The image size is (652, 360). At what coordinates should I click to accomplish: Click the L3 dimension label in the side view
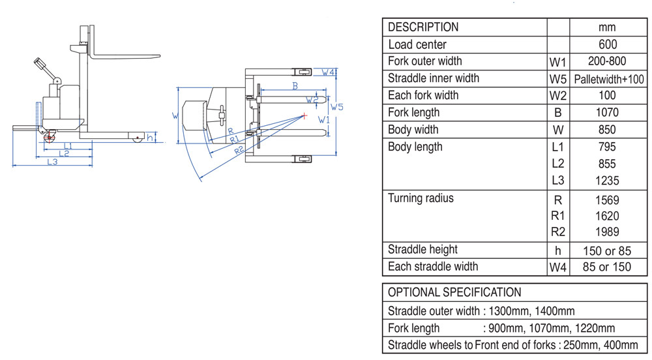[x=53, y=162]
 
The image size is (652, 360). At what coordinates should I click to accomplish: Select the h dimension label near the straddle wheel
[x=150, y=138]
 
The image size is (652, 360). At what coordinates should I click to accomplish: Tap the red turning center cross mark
[x=304, y=116]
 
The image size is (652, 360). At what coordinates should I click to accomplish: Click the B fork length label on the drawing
[x=295, y=86]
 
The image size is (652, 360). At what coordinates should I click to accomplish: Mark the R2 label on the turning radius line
[x=239, y=150]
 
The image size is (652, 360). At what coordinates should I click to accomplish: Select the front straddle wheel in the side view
[x=136, y=138]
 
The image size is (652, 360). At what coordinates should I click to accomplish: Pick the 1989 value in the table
[x=607, y=232]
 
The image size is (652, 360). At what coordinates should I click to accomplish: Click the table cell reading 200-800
[x=607, y=61]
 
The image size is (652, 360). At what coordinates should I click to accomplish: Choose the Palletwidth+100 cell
[x=609, y=79]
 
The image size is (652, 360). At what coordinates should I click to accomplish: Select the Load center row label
[x=417, y=44]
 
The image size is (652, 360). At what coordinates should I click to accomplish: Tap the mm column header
[x=607, y=27]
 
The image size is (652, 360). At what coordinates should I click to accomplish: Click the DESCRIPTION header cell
[x=423, y=27]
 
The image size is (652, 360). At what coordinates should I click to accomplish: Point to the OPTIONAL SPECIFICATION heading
[x=454, y=292]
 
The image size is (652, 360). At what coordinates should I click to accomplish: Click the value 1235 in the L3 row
[x=607, y=181]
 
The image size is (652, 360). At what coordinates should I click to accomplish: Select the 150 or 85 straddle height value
[x=607, y=250]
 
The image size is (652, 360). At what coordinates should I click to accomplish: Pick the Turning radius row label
[x=421, y=198]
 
